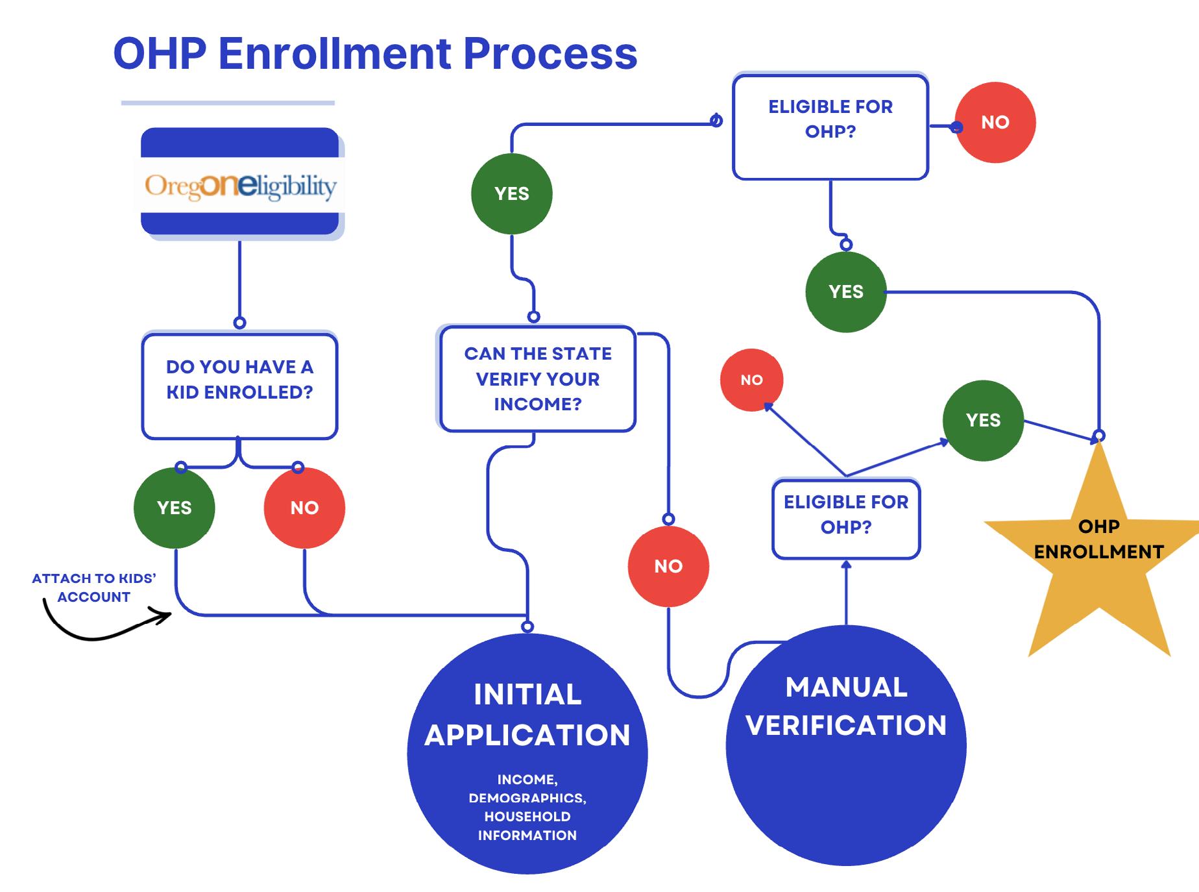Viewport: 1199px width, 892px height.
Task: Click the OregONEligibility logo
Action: click(240, 186)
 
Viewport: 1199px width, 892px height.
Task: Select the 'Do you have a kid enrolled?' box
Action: click(239, 386)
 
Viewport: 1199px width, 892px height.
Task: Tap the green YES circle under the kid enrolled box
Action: click(174, 508)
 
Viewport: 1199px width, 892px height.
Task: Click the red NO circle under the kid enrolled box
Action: click(304, 508)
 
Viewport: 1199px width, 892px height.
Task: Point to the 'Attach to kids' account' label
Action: click(94, 588)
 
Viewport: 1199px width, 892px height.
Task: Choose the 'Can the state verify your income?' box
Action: click(537, 378)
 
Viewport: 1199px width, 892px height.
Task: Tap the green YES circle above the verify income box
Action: click(511, 193)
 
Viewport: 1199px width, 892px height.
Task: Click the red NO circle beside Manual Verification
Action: click(668, 566)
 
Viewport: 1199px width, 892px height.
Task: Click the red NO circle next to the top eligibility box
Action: click(995, 122)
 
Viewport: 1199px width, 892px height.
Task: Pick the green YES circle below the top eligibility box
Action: click(845, 291)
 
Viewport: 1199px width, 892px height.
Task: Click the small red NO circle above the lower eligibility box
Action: click(751, 380)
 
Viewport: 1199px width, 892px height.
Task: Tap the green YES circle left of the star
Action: click(983, 420)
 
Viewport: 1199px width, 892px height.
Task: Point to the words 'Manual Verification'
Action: click(845, 706)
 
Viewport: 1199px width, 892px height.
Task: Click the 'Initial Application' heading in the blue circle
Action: click(527, 715)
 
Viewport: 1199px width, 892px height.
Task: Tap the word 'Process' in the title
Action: click(550, 53)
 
